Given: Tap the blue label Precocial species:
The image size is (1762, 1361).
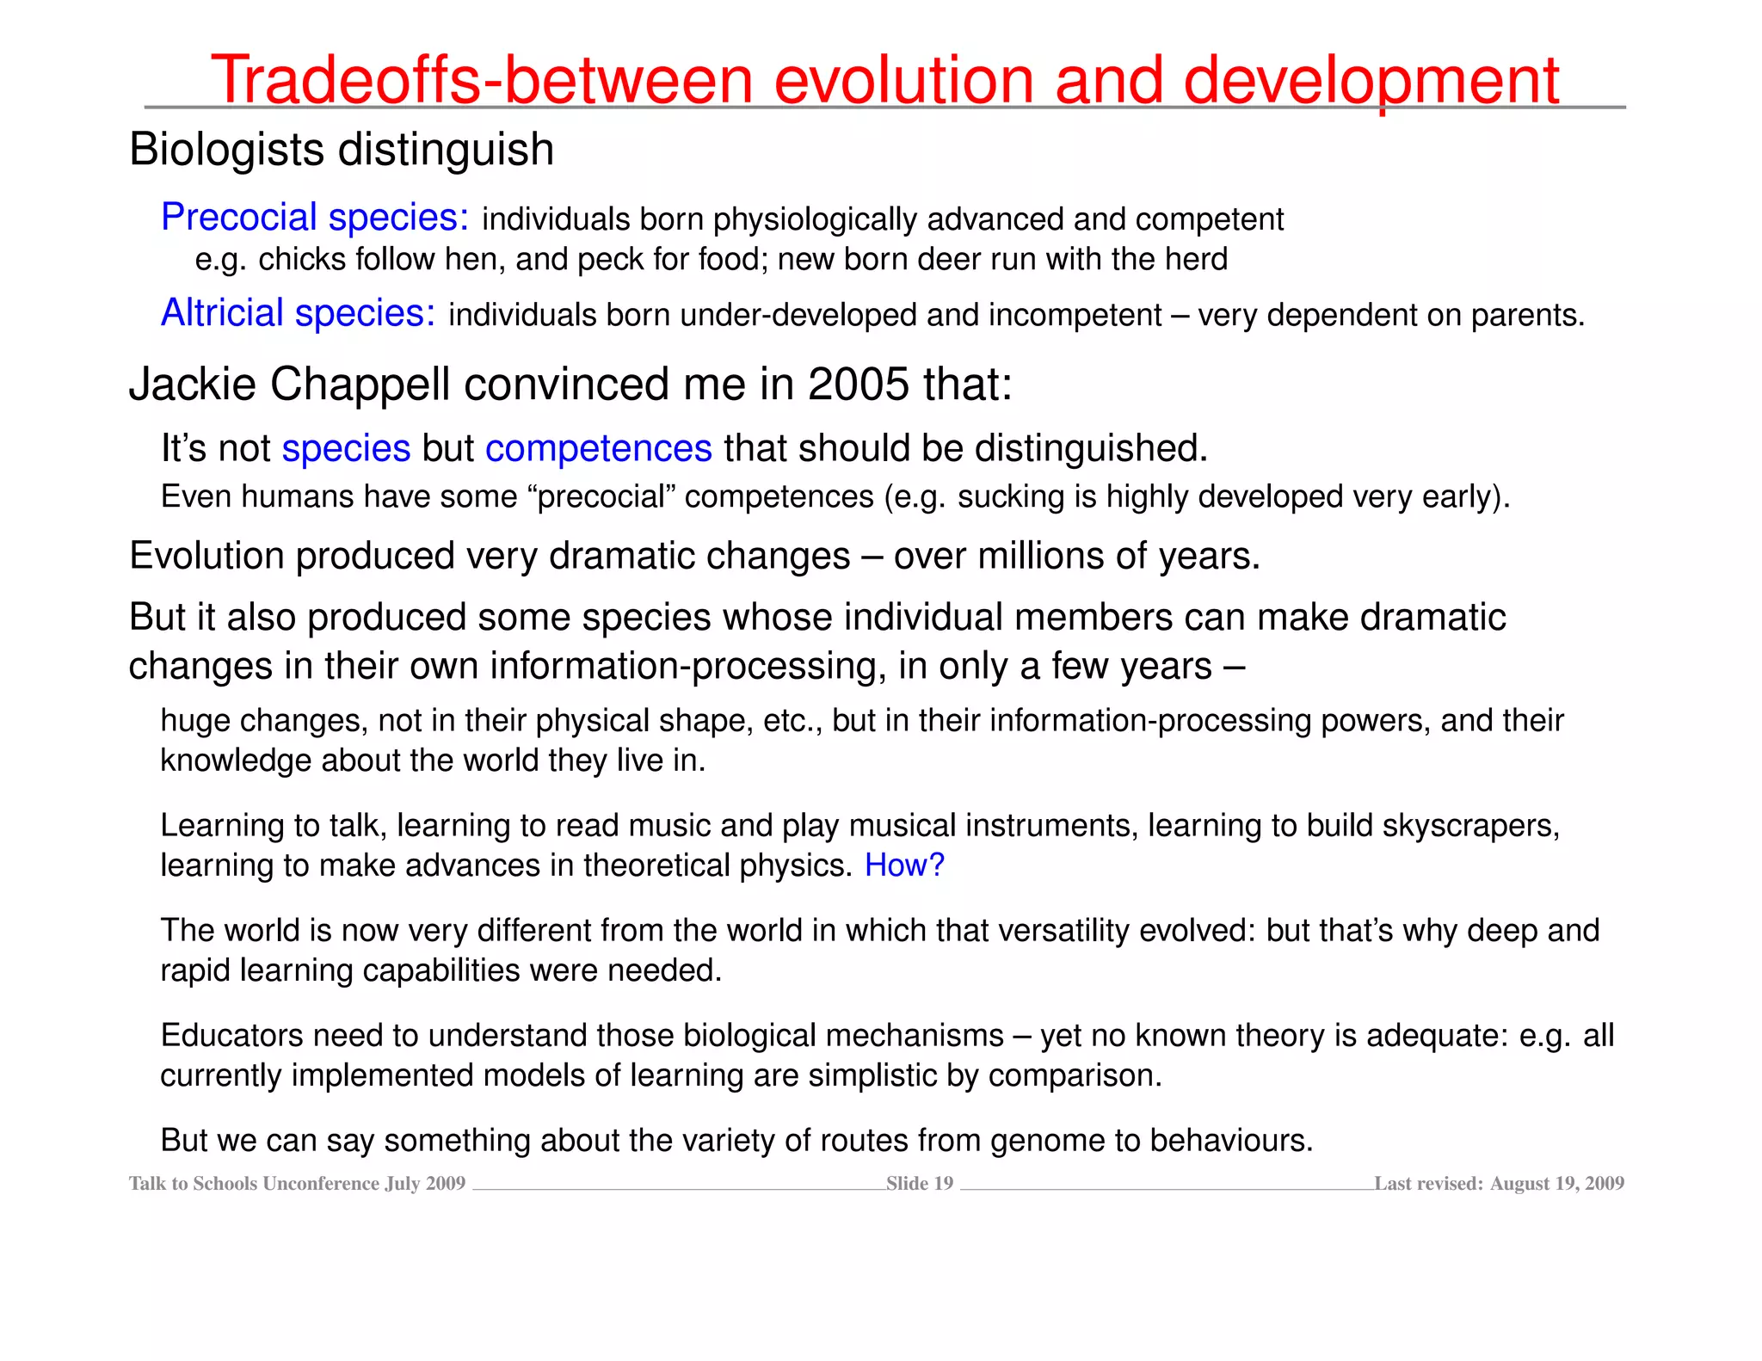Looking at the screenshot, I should point(315,218).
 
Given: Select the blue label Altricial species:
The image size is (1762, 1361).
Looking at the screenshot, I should point(298,313).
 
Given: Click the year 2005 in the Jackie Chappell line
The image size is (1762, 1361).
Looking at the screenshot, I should point(858,384).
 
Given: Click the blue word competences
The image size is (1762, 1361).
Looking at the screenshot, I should point(598,449).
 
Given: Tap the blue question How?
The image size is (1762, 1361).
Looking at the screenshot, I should point(904,865).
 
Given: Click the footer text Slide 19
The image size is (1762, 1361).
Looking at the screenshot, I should point(920,1184).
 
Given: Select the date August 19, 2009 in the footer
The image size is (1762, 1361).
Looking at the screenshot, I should point(1556,1184).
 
